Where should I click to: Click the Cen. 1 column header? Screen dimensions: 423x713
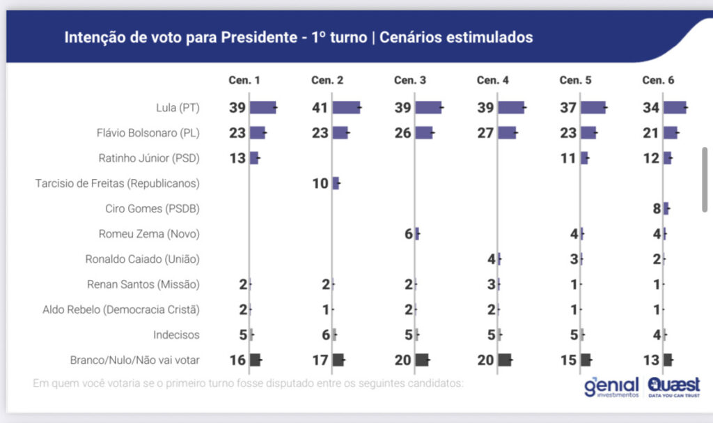point(244,80)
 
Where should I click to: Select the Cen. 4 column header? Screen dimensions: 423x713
point(492,80)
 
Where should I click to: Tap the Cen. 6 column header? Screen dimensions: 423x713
point(658,80)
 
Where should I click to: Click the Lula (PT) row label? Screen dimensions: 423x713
point(178,108)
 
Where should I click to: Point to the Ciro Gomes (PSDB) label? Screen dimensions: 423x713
point(152,208)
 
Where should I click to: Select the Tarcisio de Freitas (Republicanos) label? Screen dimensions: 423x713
point(118,183)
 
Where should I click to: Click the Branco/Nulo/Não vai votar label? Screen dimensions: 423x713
point(135,360)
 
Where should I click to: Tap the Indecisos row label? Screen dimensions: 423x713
point(177,334)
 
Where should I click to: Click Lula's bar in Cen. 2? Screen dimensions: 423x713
point(346,107)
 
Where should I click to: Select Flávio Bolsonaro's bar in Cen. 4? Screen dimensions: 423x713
point(507,132)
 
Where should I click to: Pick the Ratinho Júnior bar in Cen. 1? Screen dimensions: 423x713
point(254,158)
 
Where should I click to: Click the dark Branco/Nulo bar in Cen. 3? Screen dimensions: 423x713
point(422,360)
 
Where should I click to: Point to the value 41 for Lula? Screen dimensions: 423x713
point(320,107)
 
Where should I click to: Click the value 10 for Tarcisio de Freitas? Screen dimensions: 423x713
point(320,183)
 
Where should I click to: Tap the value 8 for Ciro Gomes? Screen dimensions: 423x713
point(657,208)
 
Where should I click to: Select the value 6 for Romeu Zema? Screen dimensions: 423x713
point(409,234)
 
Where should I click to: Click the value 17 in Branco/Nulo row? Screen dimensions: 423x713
point(320,360)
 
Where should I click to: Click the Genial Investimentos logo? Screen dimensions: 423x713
point(611,386)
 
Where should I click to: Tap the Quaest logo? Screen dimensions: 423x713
point(674,386)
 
